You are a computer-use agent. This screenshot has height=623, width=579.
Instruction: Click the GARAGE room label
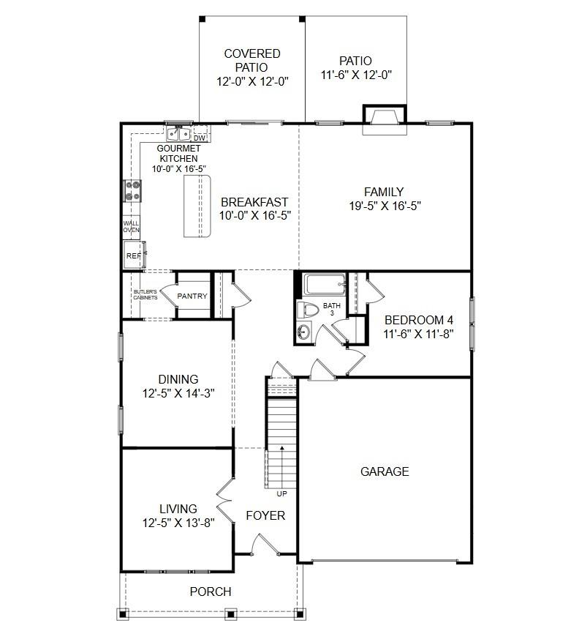point(385,471)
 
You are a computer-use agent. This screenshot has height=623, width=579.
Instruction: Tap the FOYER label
point(265,515)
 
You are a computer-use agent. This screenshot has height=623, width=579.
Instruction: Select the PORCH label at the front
point(211,592)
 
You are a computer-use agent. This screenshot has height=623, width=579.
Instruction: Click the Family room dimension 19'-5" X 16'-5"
point(385,206)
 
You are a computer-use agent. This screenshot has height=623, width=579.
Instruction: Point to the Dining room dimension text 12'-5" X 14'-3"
point(178,393)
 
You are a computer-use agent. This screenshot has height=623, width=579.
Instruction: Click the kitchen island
point(197,206)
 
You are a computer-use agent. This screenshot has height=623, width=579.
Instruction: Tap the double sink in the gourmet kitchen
point(178,134)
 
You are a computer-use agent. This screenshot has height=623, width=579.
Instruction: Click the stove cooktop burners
point(133,191)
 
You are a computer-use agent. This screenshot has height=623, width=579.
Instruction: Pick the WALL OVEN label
point(131,227)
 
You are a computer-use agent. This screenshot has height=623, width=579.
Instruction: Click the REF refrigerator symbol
point(133,255)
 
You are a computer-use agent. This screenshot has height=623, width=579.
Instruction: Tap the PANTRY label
point(192,296)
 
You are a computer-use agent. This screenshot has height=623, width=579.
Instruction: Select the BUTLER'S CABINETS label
point(145,296)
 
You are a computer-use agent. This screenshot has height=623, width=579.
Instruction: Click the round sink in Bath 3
point(304,332)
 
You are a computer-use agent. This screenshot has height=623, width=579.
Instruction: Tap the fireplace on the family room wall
point(383,117)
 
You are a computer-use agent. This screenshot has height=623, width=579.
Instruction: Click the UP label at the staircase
point(282,493)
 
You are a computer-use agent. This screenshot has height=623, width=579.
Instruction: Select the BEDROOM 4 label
point(419,320)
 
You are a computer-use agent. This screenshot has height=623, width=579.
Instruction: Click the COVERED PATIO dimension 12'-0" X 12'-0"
point(252,82)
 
